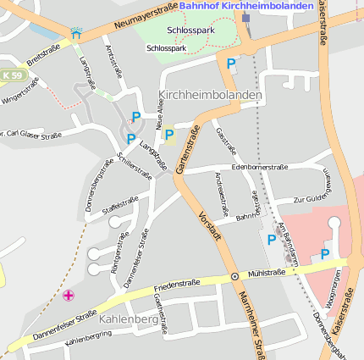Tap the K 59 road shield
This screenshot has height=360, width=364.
point(11,76)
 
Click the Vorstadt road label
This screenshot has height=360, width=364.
point(210,228)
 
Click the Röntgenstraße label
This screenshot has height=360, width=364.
point(115,258)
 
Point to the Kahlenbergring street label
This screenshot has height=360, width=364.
point(88,336)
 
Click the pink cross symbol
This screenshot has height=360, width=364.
point(69,295)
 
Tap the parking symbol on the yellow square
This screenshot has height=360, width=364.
point(169,135)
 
